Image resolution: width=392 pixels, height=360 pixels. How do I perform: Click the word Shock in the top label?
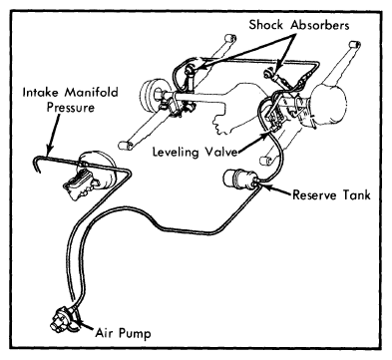coord(266,25)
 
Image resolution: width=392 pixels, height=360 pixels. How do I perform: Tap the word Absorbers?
coord(320,25)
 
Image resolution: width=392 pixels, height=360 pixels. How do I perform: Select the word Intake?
coord(41,92)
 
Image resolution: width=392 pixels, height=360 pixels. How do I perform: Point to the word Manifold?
coord(92,92)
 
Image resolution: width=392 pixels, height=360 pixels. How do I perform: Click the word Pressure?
coord(71,108)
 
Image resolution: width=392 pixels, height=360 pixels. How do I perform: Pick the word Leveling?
coord(176,153)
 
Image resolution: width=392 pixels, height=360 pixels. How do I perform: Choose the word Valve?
coord(220,152)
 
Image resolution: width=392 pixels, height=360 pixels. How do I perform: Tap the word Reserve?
coord(314,194)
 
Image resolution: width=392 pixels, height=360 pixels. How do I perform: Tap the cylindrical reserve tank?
coord(239,180)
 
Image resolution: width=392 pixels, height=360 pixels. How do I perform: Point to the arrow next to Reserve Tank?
coord(274,189)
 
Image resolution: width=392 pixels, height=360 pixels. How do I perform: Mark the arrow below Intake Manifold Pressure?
coord(55,134)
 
